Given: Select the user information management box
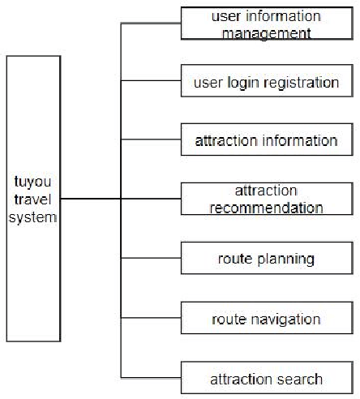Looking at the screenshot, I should (x=266, y=24).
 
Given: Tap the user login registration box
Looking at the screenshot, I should (x=266, y=83).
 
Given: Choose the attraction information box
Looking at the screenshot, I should (x=266, y=140).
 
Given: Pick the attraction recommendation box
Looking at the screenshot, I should (x=266, y=199).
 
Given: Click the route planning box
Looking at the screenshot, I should (x=266, y=260).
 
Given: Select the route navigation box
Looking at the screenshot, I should (x=266, y=319).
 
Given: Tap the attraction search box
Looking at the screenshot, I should (x=266, y=379).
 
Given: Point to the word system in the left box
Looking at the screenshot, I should (x=33, y=217).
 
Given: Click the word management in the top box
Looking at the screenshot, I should (x=266, y=33).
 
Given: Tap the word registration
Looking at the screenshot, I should (x=302, y=83).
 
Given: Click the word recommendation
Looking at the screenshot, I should (x=266, y=208).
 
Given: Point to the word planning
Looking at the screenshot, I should (x=285, y=260).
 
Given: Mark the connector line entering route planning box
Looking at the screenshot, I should (x=151, y=260).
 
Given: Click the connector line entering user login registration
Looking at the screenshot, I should (x=151, y=81).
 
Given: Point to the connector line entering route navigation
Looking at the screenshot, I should (x=151, y=318).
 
